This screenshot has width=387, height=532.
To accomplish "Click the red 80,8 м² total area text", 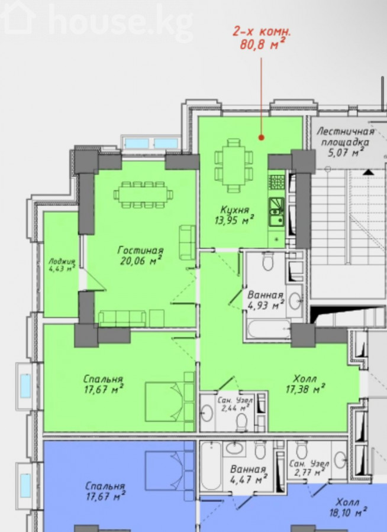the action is coord(262,44).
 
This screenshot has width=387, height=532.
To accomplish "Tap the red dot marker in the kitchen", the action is coord(262,137).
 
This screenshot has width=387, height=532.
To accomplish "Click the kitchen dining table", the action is coord(233,166).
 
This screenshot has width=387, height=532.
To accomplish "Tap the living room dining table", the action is coord(143,194).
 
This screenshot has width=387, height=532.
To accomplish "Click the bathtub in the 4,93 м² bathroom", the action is coord(269,329).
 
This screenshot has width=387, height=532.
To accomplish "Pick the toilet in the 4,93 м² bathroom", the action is coord(268,261).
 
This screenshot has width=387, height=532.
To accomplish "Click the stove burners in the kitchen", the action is coord(276,182).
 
